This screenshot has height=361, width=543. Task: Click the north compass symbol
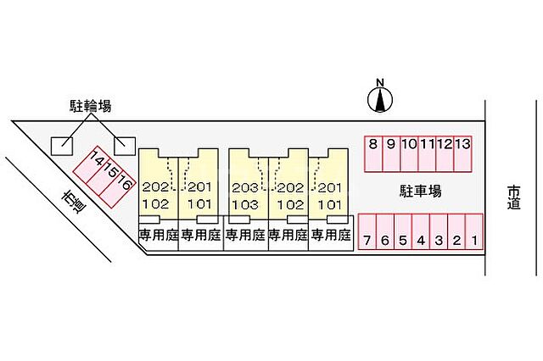[x=381, y=99]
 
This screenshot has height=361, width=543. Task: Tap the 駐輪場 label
[x=91, y=106]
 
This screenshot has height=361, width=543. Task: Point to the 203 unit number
[x=244, y=187]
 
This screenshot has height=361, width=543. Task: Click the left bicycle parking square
[x=61, y=146]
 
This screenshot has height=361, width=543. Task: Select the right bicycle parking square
[x=124, y=146]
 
